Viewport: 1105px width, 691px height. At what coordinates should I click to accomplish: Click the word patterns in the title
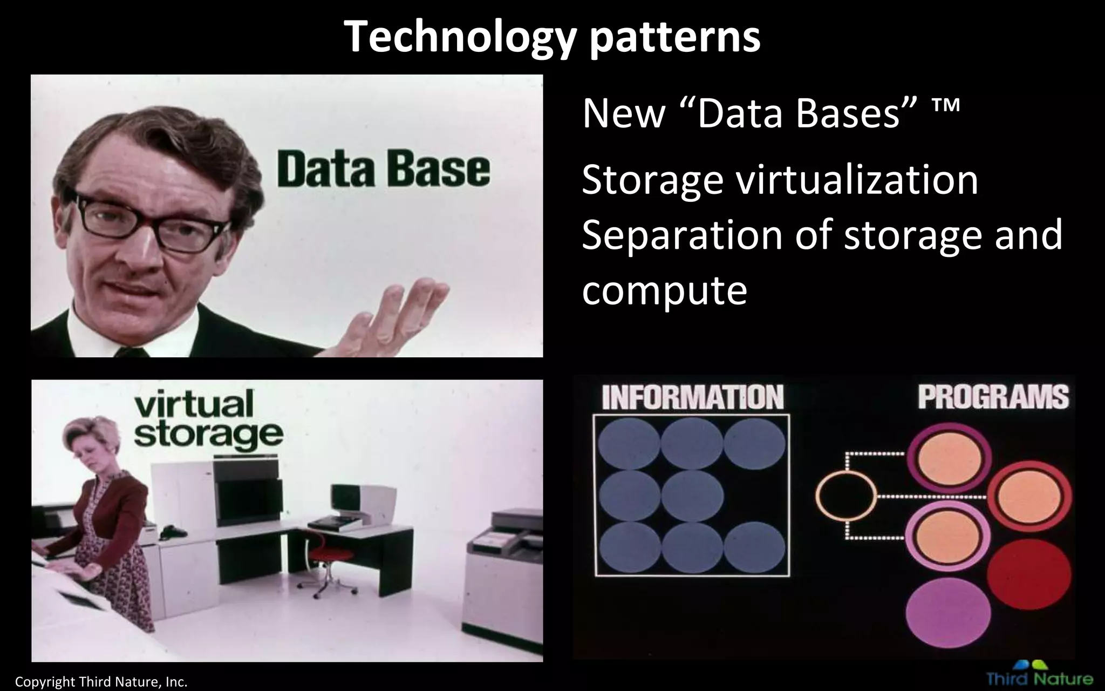tap(675, 37)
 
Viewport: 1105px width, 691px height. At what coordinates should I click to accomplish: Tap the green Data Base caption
tap(384, 170)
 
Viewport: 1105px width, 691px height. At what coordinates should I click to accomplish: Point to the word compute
tap(664, 290)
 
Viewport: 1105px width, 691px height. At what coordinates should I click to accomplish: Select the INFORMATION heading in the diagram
tap(692, 398)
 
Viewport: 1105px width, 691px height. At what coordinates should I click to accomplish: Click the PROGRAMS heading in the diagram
tap(993, 397)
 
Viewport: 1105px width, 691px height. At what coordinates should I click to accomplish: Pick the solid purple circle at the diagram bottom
tap(948, 613)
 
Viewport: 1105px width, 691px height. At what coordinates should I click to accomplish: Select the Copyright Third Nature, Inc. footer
tap(101, 682)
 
